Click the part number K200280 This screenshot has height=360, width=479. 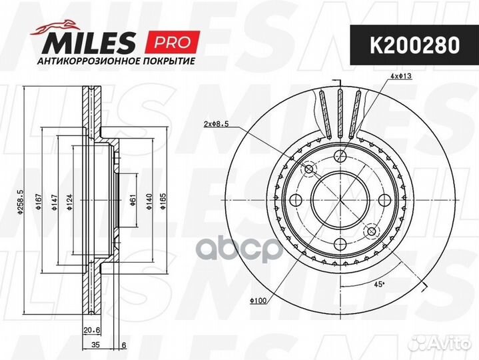tap(414, 45)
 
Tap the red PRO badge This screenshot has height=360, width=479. tap(173, 41)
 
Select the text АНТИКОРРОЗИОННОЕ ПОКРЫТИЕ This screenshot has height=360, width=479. tap(116, 61)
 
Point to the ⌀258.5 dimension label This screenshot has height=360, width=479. tap(21, 202)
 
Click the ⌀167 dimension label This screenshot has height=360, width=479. tap(39, 202)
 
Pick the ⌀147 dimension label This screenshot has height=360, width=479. tap(55, 202)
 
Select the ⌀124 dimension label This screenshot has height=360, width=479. tap(70, 202)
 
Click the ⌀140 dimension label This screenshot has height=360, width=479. tap(149, 202)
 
